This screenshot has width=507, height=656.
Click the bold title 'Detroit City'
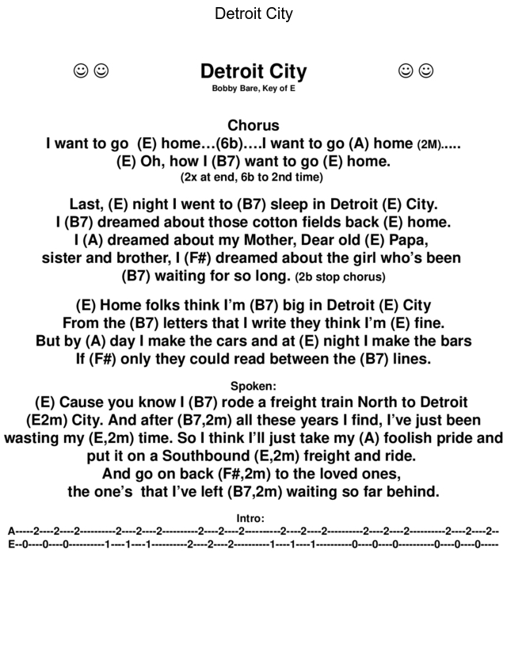[253, 72]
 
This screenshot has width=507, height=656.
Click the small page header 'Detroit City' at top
[253, 14]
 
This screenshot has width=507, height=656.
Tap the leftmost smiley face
[80, 71]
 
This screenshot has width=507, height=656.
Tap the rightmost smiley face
[426, 71]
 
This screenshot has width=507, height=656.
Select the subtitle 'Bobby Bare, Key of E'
[253, 90]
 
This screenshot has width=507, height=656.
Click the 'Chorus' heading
[253, 125]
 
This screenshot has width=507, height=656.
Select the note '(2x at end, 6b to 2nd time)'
[252, 177]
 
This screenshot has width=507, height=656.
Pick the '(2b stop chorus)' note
[340, 277]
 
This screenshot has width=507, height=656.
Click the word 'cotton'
[272, 223]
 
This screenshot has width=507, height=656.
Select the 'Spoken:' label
[253, 387]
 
